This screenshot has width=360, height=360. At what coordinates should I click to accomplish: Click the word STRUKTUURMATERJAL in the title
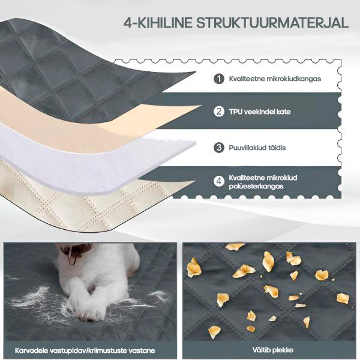pyautogui.click(x=272, y=23)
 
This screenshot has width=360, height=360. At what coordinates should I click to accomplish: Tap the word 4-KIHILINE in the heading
pyautogui.click(x=158, y=23)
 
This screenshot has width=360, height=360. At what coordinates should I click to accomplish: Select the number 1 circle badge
pyautogui.click(x=219, y=79)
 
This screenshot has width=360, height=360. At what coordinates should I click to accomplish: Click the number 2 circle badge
pyautogui.click(x=219, y=112)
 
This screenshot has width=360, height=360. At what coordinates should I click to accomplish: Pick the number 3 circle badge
pyautogui.click(x=219, y=148)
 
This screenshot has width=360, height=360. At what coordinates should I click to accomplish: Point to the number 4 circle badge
pyautogui.click(x=219, y=181)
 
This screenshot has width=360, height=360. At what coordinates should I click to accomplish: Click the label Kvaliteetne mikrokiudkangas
pyautogui.click(x=275, y=79)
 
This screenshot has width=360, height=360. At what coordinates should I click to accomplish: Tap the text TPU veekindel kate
pyautogui.click(x=260, y=112)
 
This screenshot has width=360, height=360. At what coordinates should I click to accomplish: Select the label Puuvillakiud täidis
pyautogui.click(x=257, y=148)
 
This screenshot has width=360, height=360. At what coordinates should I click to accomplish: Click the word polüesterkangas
pyautogui.click(x=256, y=186)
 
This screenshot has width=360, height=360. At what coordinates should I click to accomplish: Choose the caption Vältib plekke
pyautogui.click(x=273, y=350)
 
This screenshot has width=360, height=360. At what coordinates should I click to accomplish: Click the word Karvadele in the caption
pyautogui.click(x=31, y=350)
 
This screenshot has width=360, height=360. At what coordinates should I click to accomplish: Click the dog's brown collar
pyautogui.click(x=76, y=251)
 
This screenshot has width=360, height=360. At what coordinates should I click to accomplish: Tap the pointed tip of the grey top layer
pyautogui.click(x=196, y=72)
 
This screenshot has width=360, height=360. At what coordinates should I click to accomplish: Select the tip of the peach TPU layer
pyautogui.click(x=202, y=106)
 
